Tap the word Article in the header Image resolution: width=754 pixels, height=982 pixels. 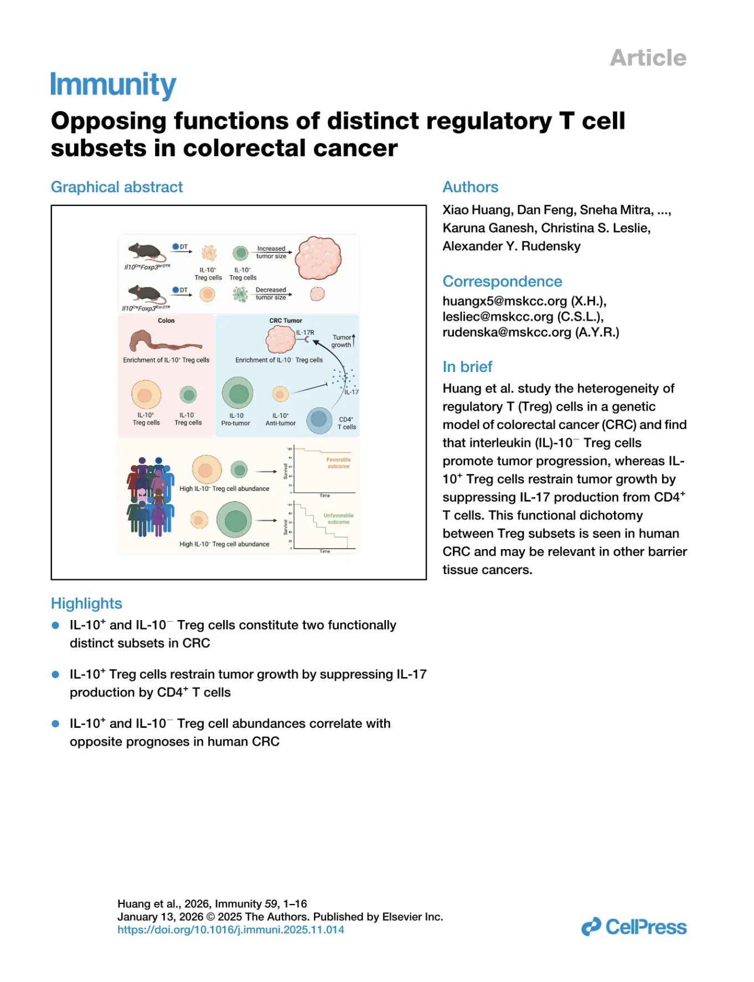click(x=648, y=58)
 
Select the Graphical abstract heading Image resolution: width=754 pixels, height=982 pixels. click(x=117, y=187)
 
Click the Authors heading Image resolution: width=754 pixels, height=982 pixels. click(x=470, y=187)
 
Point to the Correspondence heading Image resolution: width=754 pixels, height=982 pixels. click(x=502, y=281)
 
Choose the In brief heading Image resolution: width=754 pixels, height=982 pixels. click(x=467, y=366)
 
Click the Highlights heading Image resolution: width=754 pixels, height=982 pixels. click(x=86, y=603)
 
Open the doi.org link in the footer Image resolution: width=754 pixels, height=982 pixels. click(x=230, y=929)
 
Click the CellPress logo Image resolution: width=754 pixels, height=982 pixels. click(x=634, y=927)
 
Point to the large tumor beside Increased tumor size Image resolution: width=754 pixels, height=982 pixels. click(x=318, y=258)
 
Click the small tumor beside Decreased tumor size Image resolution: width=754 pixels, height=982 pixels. click(x=317, y=294)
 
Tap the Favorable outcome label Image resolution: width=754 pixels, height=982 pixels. click(x=338, y=463)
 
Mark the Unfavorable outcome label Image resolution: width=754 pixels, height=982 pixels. click(x=338, y=519)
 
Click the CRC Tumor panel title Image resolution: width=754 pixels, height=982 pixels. click(x=286, y=321)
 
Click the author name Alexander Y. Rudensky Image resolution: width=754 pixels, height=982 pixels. click(x=512, y=246)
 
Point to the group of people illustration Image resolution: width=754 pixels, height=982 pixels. click(x=150, y=497)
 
